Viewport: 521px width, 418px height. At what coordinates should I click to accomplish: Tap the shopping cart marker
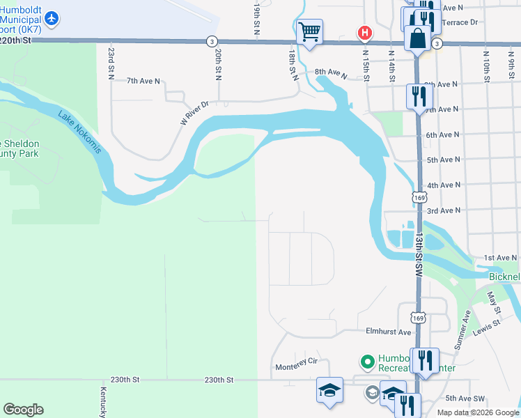click(x=309, y=31)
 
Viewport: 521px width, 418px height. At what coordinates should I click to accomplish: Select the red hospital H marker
click(x=364, y=33)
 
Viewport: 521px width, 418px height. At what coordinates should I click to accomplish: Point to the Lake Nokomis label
click(x=80, y=134)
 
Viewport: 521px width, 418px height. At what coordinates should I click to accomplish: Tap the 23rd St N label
click(x=111, y=63)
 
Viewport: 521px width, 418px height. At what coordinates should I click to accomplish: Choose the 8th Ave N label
click(x=330, y=72)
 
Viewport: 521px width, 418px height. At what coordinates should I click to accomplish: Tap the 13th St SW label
click(x=419, y=245)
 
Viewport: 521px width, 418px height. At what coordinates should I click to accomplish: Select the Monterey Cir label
click(x=296, y=362)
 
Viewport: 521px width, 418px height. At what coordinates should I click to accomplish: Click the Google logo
click(x=23, y=410)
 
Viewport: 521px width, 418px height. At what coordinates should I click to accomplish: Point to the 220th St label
click(x=16, y=40)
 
